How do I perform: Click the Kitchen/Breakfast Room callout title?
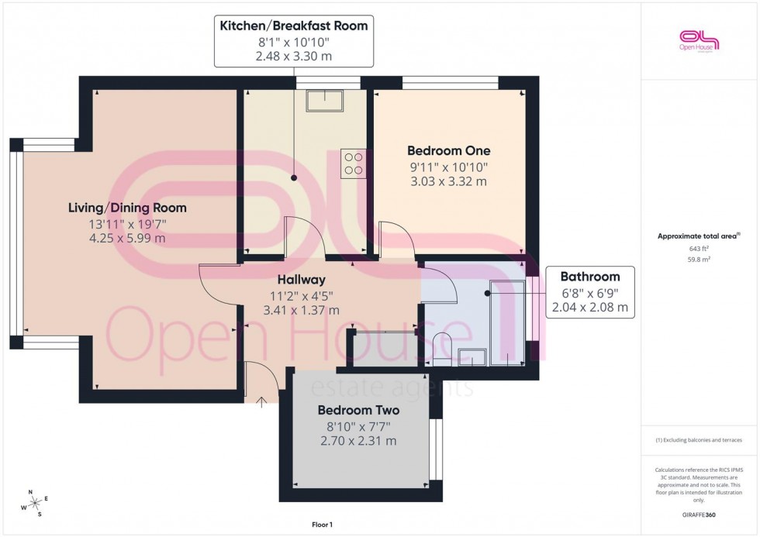pos(293,26)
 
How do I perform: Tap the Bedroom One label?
pos(449,150)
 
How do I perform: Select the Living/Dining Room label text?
pos(127,208)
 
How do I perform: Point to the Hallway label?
pos(302,279)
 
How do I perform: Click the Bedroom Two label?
pos(358,410)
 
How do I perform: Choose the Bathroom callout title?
pos(589,276)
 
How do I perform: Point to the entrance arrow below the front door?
pos(261,401)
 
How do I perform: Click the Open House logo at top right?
pos(700,40)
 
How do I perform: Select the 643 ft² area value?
pos(700,248)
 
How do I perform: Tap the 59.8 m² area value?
pos(700,260)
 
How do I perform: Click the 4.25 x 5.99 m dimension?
pos(127,238)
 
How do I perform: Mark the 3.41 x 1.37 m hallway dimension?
pos(302,310)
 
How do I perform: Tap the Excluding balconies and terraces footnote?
pos(699,440)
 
